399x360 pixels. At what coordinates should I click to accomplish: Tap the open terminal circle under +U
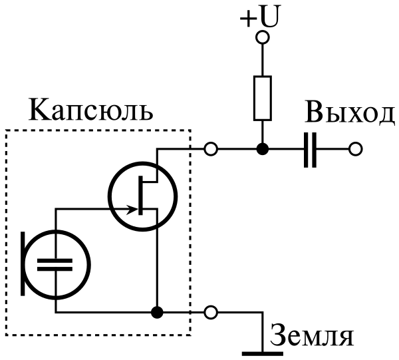point(263,38)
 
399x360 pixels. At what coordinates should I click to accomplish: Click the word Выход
point(350,114)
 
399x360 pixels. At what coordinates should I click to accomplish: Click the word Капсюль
point(91,109)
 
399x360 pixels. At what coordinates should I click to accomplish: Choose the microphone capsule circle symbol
point(56,263)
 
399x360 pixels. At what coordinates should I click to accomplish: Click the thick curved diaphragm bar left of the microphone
point(24,263)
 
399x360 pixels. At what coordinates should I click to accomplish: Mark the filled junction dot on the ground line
point(157,311)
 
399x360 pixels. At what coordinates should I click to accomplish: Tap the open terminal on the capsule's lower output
point(211,311)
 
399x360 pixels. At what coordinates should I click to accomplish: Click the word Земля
point(311,336)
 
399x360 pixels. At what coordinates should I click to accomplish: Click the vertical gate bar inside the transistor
point(142,195)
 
